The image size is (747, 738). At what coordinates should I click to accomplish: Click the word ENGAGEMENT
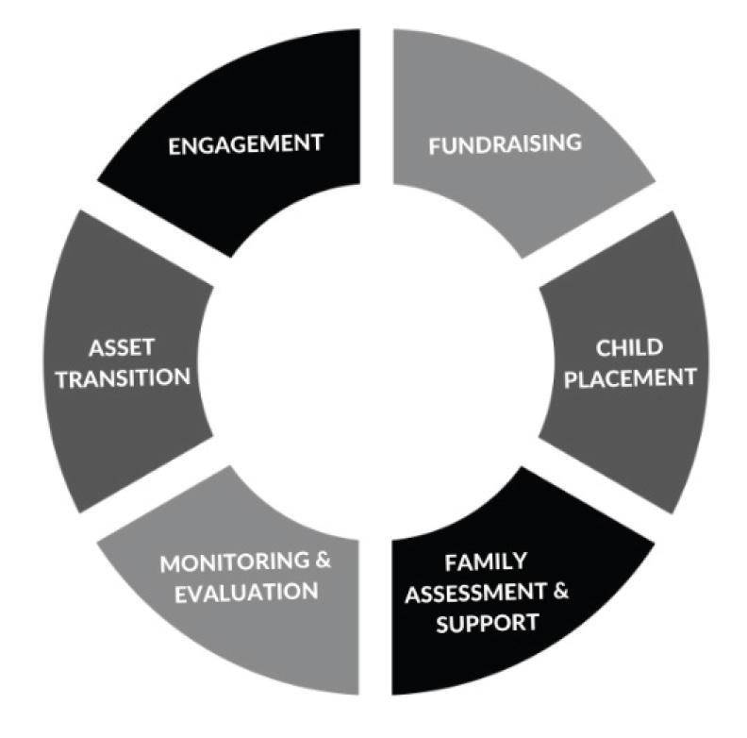[244, 144]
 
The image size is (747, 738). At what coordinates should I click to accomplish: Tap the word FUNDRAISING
[504, 144]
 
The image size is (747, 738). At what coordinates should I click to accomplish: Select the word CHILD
[622, 348]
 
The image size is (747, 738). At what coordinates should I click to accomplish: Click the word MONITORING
[235, 563]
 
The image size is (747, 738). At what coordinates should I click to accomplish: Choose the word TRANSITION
[122, 376]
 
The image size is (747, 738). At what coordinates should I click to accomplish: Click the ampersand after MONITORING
[324, 562]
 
